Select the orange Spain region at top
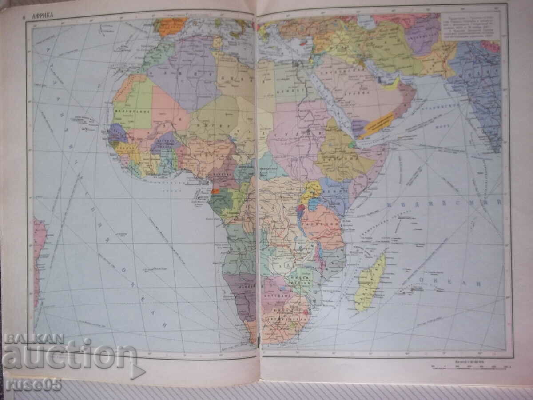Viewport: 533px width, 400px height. coord(171,26)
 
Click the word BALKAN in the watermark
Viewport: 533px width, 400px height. coord(33,339)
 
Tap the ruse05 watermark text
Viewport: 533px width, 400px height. coord(33,384)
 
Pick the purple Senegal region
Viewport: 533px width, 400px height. coord(118,132)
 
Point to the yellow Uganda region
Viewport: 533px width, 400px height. coord(311,190)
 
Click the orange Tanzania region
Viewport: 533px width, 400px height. coord(322,224)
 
